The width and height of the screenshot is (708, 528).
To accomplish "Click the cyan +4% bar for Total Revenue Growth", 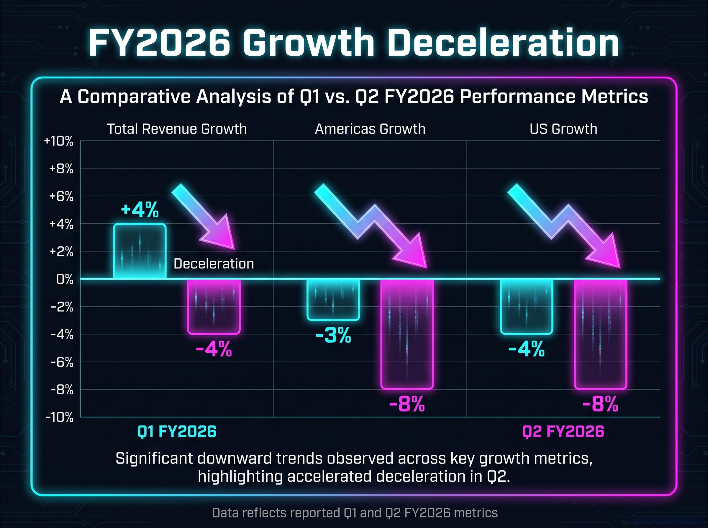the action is pyautogui.click(x=140, y=251).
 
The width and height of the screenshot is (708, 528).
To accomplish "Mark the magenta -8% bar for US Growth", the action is pyautogui.click(x=601, y=334).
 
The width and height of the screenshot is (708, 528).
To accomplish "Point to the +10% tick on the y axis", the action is pyautogui.click(x=59, y=141).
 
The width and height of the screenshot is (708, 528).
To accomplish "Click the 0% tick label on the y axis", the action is pyautogui.click(x=65, y=279).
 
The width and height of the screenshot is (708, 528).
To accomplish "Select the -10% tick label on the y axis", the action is pyautogui.click(x=60, y=418).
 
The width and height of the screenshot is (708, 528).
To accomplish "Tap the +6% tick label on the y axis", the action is pyautogui.click(x=61, y=196).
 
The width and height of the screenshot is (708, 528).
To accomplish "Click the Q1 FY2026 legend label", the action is pyautogui.click(x=177, y=431).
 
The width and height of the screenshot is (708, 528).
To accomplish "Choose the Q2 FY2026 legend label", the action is pyautogui.click(x=563, y=431).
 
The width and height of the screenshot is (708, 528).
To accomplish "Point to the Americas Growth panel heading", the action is pyautogui.click(x=370, y=129).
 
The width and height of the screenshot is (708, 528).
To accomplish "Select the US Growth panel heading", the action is pyautogui.click(x=563, y=129).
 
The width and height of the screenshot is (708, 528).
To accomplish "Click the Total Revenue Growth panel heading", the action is pyautogui.click(x=177, y=129).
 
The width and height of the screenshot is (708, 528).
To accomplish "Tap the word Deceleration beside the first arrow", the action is pyautogui.click(x=214, y=264).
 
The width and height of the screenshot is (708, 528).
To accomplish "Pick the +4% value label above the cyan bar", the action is pyautogui.click(x=140, y=210).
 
